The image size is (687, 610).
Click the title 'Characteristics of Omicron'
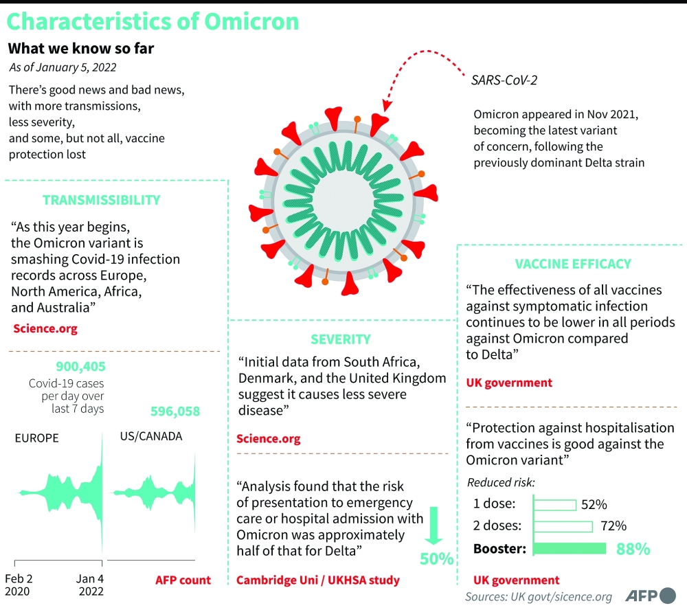click(x=153, y=21)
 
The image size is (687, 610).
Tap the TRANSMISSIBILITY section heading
click(x=101, y=200)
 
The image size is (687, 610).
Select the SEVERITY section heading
click(x=340, y=339)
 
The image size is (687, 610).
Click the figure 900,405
click(x=80, y=367)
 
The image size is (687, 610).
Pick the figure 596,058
click(x=174, y=411)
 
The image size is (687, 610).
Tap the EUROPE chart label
click(x=36, y=438)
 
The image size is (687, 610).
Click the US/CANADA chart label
click(x=150, y=436)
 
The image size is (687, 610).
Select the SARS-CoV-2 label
click(x=504, y=80)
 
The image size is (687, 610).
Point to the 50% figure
click(x=436, y=558)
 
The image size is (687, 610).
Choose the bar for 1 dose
click(x=555, y=505)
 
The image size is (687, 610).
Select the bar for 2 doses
click(x=563, y=526)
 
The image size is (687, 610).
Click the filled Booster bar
click(x=570, y=548)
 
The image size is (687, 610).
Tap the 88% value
click(x=632, y=549)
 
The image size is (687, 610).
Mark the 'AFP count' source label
click(x=183, y=580)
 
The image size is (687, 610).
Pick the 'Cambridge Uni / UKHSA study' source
click(x=317, y=580)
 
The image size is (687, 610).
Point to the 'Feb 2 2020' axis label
click(x=19, y=585)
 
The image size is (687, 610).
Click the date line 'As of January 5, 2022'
click(x=63, y=67)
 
